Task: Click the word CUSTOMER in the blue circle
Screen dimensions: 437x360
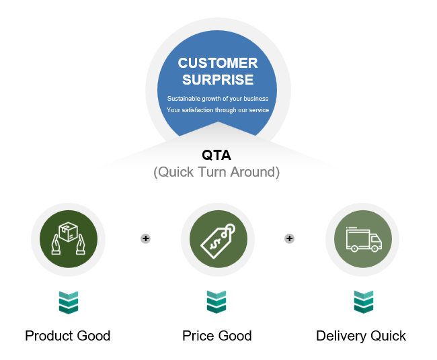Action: point(218,63)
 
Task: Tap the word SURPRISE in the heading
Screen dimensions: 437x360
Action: point(218,80)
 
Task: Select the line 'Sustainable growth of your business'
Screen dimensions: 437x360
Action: point(218,99)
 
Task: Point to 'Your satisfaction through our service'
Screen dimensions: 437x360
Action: point(218,110)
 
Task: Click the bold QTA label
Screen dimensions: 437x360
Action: point(216,155)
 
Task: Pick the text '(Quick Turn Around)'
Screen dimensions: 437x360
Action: point(216,172)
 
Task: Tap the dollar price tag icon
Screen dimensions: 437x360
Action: point(218,241)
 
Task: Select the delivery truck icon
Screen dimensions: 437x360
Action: point(364,240)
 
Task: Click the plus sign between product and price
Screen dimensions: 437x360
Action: point(145,238)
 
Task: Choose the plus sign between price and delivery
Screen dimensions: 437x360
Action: point(290,238)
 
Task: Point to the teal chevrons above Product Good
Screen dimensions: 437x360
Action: point(69,303)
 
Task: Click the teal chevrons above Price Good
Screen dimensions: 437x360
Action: point(216,302)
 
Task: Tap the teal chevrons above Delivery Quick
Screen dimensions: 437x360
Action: point(364,302)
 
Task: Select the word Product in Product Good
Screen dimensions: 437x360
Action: point(49,336)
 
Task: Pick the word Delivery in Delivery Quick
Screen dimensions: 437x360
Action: point(341,336)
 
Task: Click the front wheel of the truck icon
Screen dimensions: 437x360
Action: point(375,249)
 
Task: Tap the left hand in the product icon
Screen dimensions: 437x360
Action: point(56,244)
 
